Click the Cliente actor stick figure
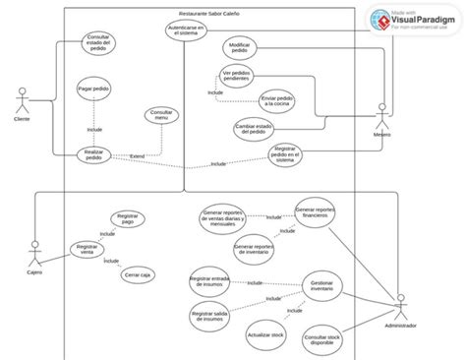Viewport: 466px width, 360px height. [21, 100]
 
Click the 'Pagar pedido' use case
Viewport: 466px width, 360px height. [93, 88]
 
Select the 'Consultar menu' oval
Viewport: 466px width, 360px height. [160, 116]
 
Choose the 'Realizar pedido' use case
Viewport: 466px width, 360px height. [94, 155]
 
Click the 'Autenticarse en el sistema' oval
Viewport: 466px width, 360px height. [186, 32]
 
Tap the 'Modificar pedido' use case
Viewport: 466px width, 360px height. [239, 50]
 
